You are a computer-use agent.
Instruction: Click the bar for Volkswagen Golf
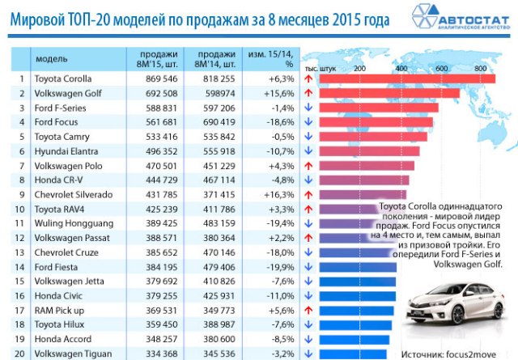point(389,94)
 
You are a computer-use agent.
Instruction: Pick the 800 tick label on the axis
point(481,68)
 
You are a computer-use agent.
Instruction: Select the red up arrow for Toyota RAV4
point(308,209)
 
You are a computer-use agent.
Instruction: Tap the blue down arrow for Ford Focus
point(308,123)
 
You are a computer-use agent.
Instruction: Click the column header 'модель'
point(50,58)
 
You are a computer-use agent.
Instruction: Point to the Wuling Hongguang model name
point(68,223)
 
